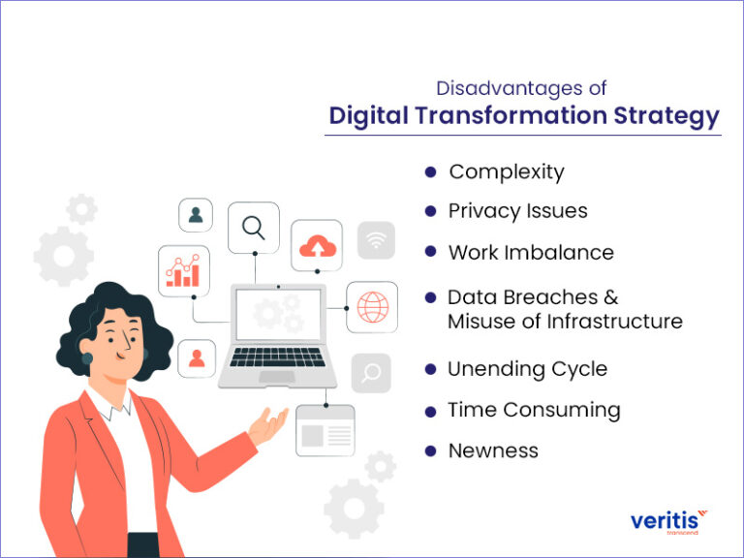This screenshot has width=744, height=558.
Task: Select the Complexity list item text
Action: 506,172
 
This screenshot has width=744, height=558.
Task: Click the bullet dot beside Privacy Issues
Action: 430,211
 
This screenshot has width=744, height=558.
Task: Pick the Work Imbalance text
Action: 530,252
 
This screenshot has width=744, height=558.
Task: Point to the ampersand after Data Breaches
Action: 609,297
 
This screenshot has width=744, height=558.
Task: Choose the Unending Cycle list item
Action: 527,369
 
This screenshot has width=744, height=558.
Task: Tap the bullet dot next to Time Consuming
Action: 430,411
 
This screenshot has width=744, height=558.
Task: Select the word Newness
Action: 492,450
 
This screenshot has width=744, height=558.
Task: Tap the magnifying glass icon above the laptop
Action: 254,228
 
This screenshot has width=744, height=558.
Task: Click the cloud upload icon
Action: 316,245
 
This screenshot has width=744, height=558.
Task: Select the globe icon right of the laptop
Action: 371,307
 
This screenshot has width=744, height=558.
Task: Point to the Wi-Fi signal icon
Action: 376,240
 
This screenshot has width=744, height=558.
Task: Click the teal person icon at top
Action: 196,215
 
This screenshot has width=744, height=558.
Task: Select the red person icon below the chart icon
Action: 197,358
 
